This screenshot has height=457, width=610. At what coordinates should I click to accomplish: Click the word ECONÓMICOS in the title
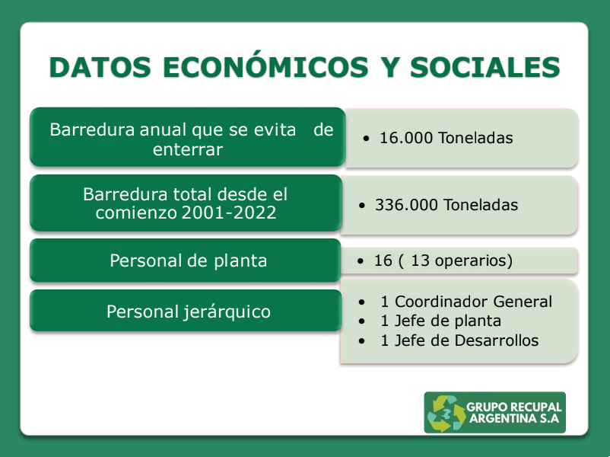pyautogui.click(x=265, y=66)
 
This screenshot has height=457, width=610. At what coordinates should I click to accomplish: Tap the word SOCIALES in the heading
pyautogui.click(x=485, y=67)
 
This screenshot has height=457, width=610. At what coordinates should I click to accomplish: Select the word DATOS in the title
pyautogui.click(x=100, y=67)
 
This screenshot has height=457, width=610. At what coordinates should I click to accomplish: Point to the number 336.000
pyautogui.click(x=406, y=205)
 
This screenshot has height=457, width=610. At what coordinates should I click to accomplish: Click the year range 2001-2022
pyautogui.click(x=229, y=213)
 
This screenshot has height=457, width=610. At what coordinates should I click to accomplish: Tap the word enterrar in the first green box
pyautogui.click(x=188, y=149)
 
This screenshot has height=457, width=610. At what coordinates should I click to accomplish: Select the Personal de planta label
pyautogui.click(x=189, y=260)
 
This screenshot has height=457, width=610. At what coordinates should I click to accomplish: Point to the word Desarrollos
pyautogui.click(x=497, y=340)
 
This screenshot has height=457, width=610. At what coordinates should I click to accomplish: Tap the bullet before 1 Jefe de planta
pyautogui.click(x=362, y=321)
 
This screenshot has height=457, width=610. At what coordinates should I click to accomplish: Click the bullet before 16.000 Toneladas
pyautogui.click(x=366, y=139)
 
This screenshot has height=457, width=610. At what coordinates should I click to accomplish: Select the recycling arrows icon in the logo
pyautogui.click(x=446, y=414)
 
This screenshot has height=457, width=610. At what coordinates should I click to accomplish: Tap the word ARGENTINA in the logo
pyautogui.click(x=504, y=419)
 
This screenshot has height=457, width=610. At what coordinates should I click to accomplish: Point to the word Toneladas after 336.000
pyautogui.click(x=481, y=205)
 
